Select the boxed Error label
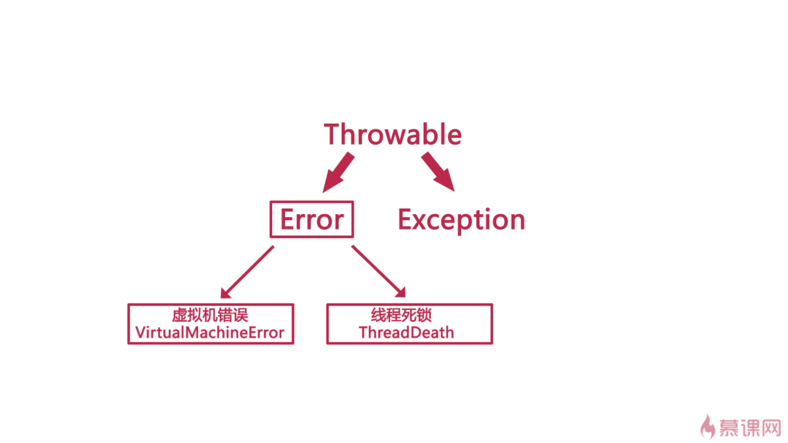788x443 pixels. point(312,219)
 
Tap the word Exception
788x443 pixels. point(461,220)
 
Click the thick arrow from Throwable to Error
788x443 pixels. point(338,173)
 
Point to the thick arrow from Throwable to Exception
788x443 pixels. point(438,172)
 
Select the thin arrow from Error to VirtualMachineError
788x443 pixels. point(247,272)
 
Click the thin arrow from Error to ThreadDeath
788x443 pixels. point(379,271)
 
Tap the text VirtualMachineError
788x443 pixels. point(210,333)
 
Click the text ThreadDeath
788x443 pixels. point(406,333)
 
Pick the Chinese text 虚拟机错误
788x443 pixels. point(210,315)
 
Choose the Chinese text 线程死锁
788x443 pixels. point(401,315)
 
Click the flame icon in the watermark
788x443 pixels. point(708,427)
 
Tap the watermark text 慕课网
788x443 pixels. point(750,428)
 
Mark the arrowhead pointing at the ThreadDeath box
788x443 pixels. point(401,292)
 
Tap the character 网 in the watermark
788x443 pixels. point(771,428)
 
